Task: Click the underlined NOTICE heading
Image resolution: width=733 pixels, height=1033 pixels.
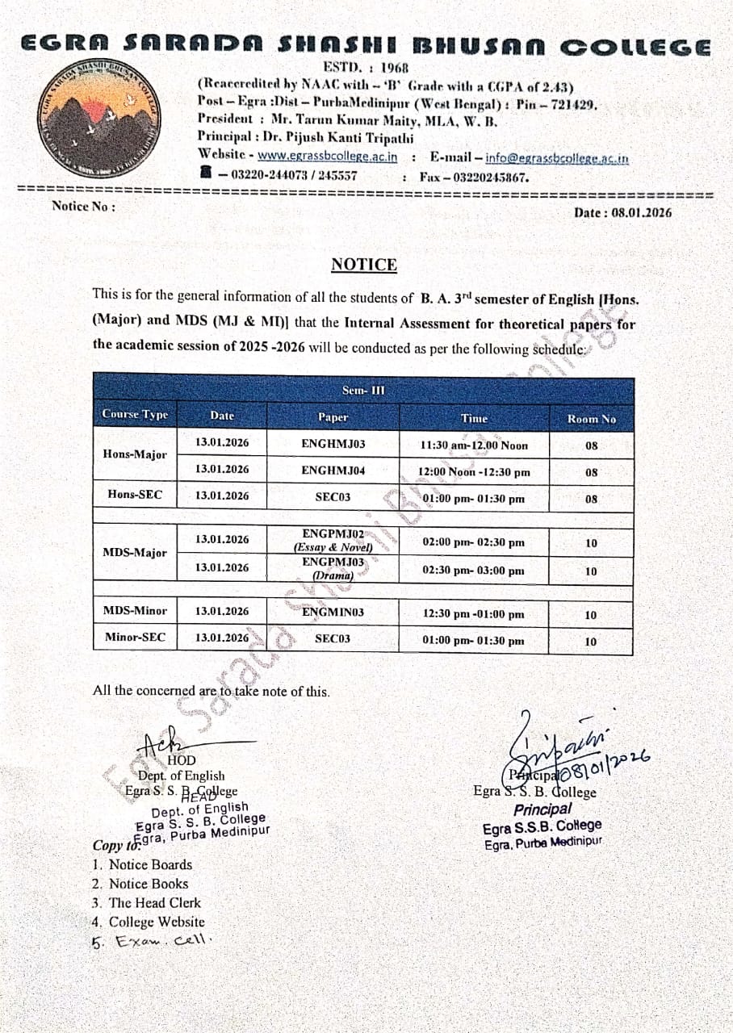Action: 364,265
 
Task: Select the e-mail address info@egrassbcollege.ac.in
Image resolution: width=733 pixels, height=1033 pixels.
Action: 557,158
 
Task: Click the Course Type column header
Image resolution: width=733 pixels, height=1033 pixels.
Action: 135,415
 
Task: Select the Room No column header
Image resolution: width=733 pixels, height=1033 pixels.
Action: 591,419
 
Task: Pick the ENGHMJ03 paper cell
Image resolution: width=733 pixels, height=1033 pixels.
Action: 333,443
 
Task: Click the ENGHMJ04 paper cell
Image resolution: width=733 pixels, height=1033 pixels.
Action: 333,470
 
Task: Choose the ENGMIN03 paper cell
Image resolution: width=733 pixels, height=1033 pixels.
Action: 333,613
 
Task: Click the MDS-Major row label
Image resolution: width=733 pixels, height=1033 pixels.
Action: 135,553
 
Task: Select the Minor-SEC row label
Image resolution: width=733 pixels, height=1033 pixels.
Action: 135,638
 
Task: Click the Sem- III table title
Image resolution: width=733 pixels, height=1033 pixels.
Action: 363,391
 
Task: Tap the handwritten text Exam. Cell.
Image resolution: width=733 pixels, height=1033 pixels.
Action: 161,940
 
